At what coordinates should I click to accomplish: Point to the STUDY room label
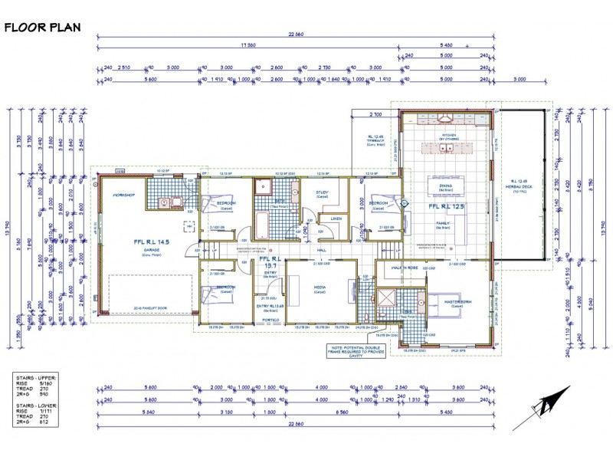pos(323,192)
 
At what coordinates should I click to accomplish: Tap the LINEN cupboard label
pos(336,219)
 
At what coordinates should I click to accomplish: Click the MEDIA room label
pos(320,287)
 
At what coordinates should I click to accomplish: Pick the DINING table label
pos(445,186)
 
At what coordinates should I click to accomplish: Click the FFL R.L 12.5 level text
pos(447,206)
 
